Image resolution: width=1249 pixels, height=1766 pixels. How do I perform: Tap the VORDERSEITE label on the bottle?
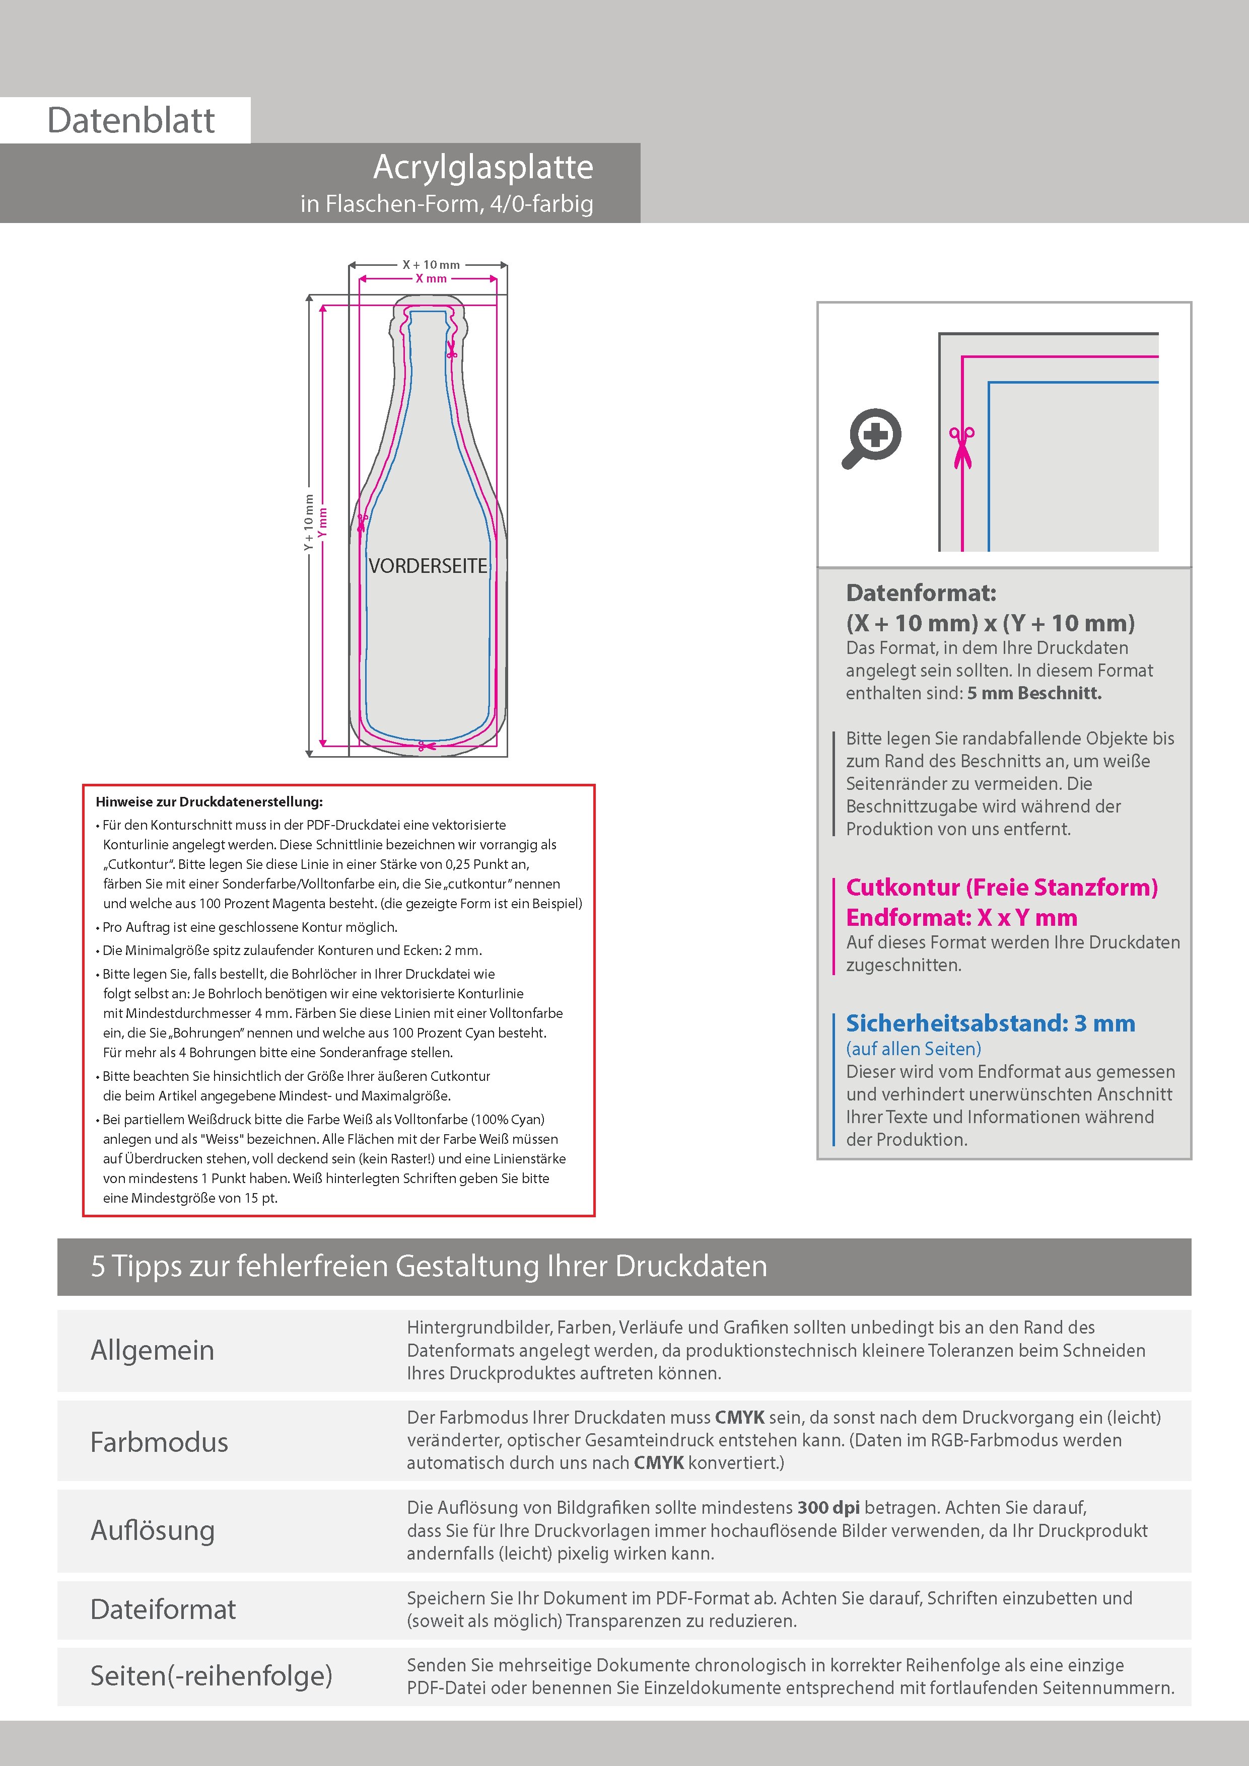tap(428, 566)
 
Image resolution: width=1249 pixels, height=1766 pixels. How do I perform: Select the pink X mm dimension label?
tap(431, 278)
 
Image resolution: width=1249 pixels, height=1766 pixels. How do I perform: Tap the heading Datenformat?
tap(921, 593)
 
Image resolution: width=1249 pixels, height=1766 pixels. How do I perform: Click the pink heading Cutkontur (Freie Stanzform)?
tap(1001, 888)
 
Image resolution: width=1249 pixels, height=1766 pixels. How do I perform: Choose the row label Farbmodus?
tap(159, 1442)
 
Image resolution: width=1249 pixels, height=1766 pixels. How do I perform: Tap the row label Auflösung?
tap(153, 1530)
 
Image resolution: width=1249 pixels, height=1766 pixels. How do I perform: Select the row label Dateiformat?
tap(163, 1610)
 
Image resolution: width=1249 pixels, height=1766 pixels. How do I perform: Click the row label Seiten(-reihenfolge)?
tap(211, 1676)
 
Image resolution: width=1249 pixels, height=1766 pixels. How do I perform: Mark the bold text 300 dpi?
tap(828, 1508)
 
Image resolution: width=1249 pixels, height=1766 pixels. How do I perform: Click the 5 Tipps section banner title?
tap(429, 1267)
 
